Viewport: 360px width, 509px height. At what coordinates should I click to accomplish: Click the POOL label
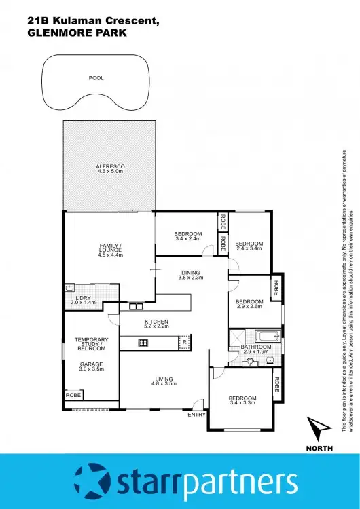[x=96, y=78]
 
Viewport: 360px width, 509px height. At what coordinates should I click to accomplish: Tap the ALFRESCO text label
[x=109, y=166]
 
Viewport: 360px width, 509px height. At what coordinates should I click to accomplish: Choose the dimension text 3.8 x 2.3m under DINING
[x=190, y=278]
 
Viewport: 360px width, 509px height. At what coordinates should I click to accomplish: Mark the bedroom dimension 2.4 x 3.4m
[x=249, y=249]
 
